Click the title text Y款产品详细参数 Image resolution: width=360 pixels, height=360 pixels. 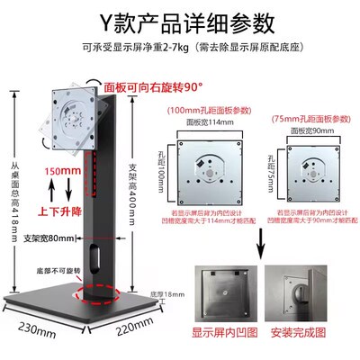pyautogui.click(x=180, y=20)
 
